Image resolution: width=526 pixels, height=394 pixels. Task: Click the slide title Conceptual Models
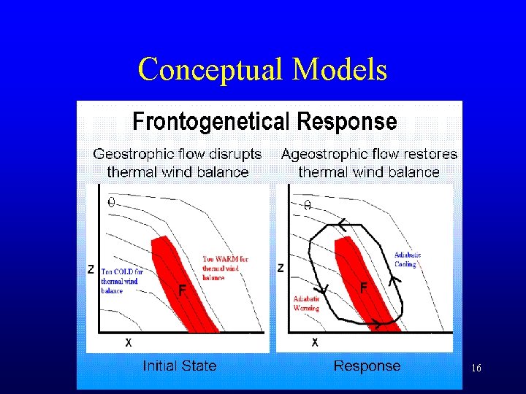[262, 70]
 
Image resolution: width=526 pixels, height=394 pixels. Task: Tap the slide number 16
[476, 369]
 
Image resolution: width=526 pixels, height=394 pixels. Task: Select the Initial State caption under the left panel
[180, 366]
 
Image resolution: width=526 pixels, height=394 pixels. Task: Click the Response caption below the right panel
[367, 366]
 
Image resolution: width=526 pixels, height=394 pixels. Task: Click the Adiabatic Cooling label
[408, 260]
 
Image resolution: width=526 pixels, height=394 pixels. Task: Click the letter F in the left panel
[183, 290]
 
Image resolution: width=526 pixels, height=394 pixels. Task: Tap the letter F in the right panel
[363, 289]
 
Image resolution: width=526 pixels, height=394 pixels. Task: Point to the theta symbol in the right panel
[307, 206]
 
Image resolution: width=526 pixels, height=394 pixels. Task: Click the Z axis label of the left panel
[91, 269]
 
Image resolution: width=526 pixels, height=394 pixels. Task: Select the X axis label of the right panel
[315, 341]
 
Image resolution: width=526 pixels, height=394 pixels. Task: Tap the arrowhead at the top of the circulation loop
[341, 223]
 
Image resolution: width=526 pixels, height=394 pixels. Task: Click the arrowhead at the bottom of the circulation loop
[376, 323]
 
